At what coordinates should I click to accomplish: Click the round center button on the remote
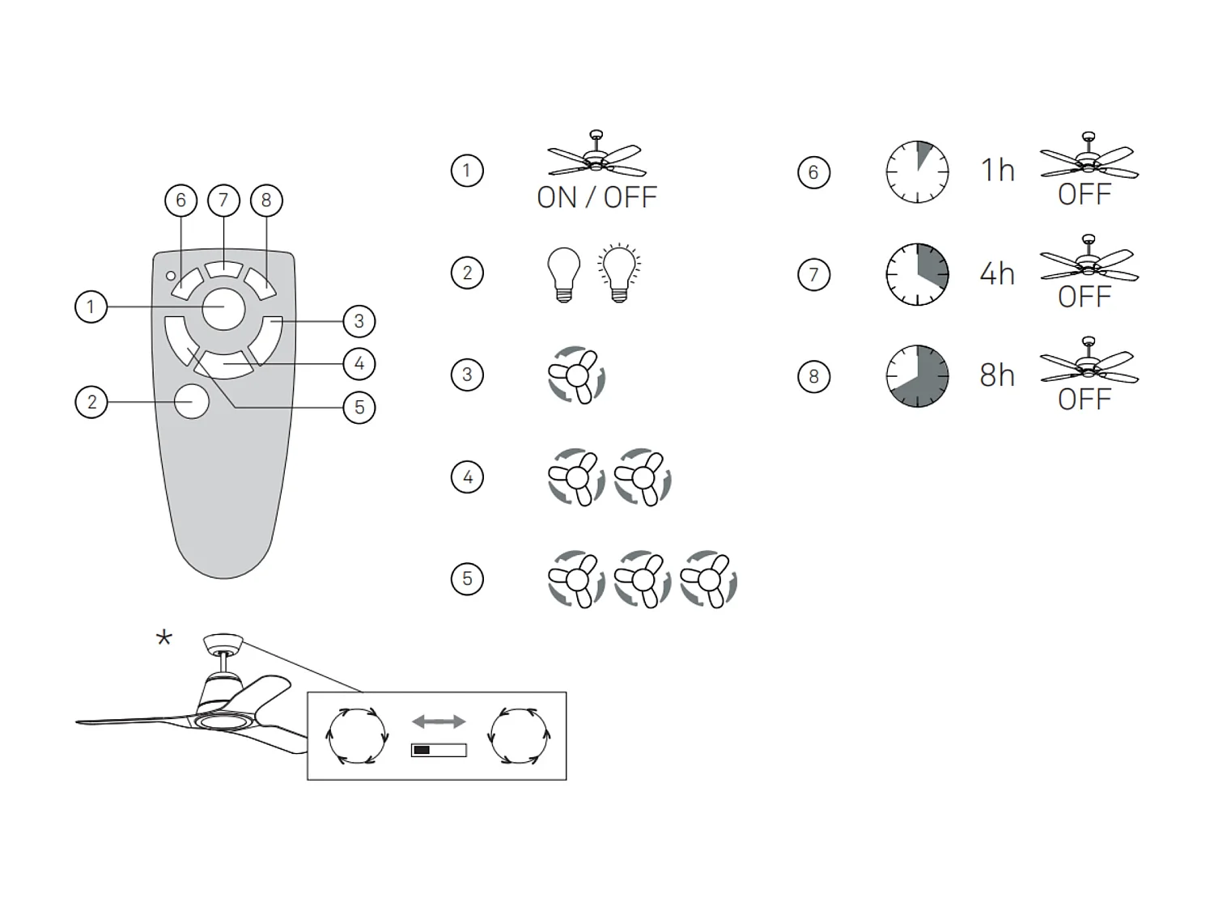pos(223,308)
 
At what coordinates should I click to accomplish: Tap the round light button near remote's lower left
pos(192,401)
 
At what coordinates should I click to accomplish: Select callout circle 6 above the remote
pos(180,200)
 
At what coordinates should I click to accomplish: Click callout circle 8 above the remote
pos(266,200)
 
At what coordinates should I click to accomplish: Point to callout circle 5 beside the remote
pos(359,407)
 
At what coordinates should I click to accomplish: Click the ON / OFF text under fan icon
pos(596,197)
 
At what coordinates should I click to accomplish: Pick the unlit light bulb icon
pos(564,274)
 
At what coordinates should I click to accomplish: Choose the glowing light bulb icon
pos(619,273)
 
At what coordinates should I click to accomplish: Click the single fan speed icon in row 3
pos(576,375)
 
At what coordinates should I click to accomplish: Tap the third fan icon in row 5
pos(708,579)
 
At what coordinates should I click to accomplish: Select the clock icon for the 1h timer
pos(917,171)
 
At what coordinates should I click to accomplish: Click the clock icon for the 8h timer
pos(917,376)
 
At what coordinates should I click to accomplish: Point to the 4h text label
pos(996,274)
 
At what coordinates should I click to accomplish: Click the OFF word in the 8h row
pos(1084,399)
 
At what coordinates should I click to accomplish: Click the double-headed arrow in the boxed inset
pos(438,721)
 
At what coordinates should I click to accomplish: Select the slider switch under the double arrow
pos(438,750)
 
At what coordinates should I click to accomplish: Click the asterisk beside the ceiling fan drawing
pos(164,639)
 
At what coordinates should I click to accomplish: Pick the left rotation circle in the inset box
pos(355,735)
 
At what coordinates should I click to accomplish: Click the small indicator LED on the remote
pos(171,276)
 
